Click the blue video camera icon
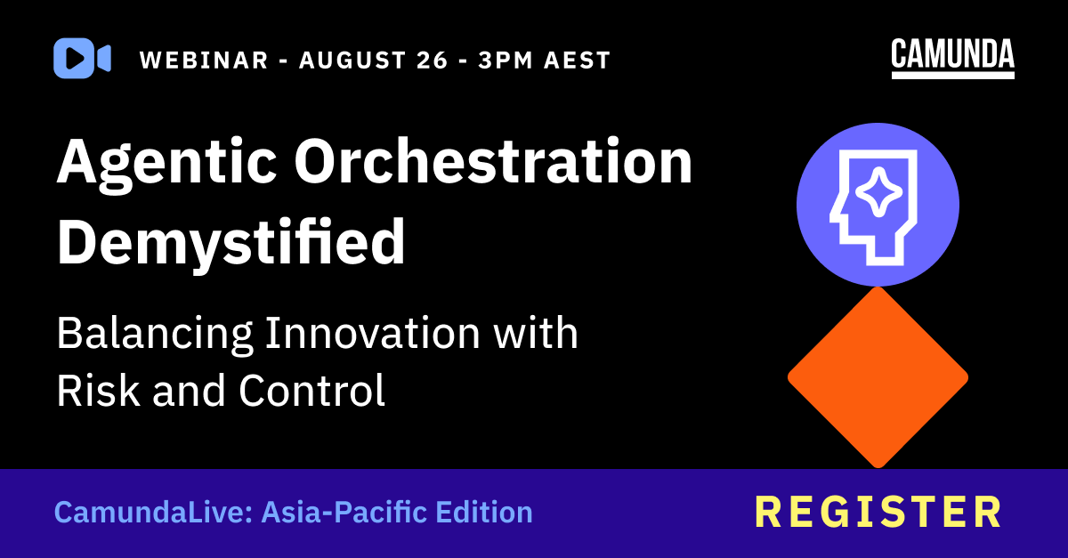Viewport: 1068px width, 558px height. click(x=82, y=59)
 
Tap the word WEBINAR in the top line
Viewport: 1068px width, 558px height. click(x=204, y=61)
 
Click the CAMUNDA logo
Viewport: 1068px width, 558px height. click(x=952, y=57)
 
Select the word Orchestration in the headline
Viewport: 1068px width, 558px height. click(x=494, y=164)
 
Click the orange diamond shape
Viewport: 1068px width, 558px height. click(x=878, y=377)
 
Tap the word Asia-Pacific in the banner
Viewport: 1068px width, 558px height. click(x=344, y=513)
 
